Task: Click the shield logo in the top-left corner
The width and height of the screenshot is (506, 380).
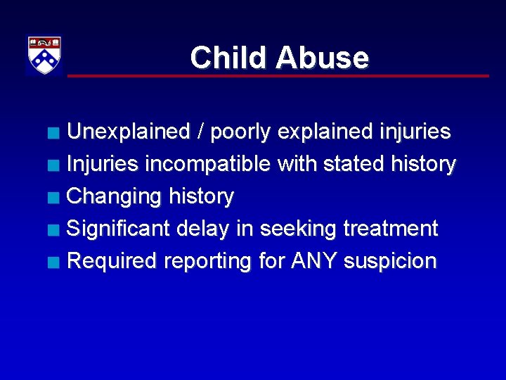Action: pos(44,55)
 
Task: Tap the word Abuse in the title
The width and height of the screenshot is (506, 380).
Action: pos(322,58)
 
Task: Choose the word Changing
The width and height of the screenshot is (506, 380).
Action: pos(114,197)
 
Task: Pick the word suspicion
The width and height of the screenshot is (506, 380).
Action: pos(391,262)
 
